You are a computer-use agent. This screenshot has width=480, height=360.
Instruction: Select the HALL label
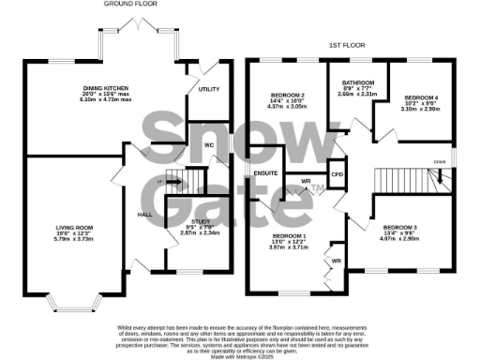tap(146, 215)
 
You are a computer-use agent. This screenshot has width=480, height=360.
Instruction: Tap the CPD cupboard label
tap(337, 173)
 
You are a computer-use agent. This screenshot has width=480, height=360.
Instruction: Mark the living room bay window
tap(74, 303)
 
